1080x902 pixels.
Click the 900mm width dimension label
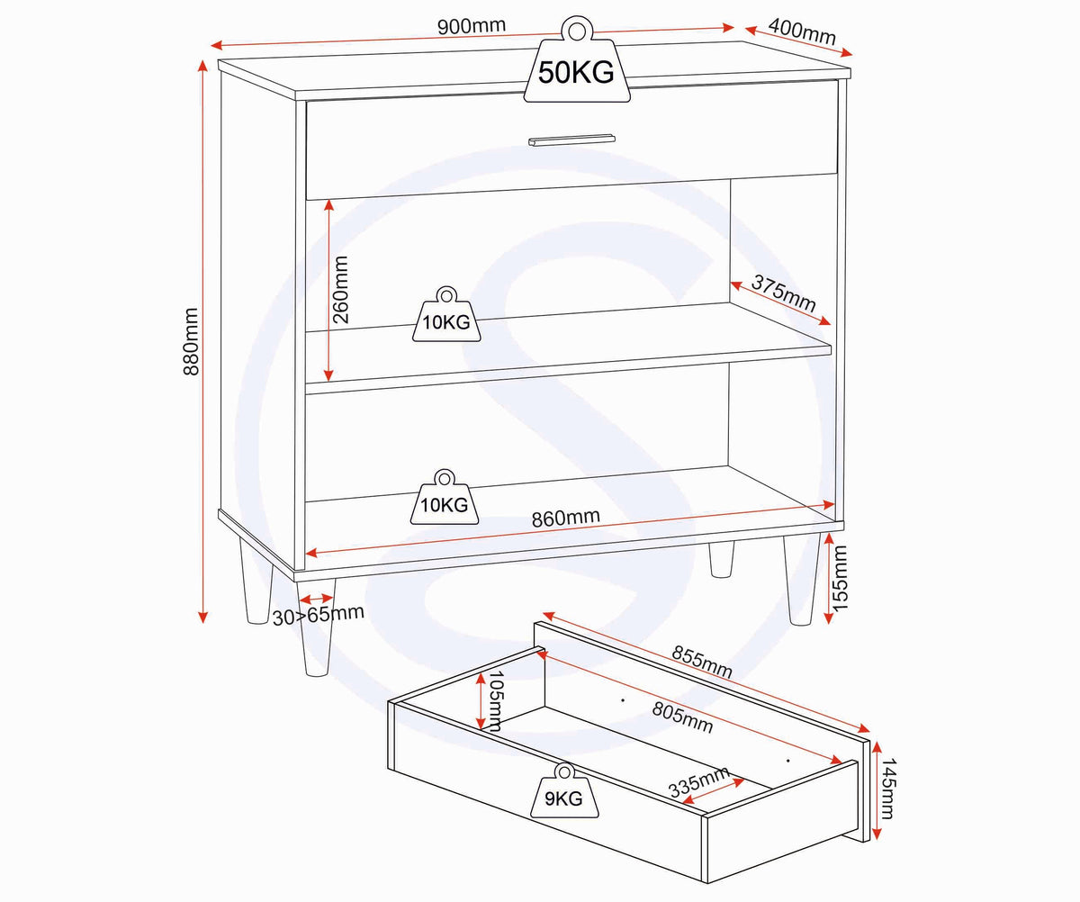[472, 26]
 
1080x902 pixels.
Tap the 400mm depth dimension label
[802, 32]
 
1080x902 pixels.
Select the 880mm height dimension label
[191, 341]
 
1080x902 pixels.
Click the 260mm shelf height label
[340, 290]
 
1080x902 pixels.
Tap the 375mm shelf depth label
[783, 293]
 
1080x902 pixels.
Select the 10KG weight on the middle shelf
[446, 314]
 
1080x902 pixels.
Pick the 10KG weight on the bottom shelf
[445, 497]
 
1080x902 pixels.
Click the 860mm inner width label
[566, 518]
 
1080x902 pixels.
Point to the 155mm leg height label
[840, 578]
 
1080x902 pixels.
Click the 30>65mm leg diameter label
[318, 615]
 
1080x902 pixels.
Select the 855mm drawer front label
[702, 662]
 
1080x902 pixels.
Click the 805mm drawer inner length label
[682, 717]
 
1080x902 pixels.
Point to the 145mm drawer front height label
[888, 789]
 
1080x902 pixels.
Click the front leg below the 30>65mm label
[316, 628]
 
